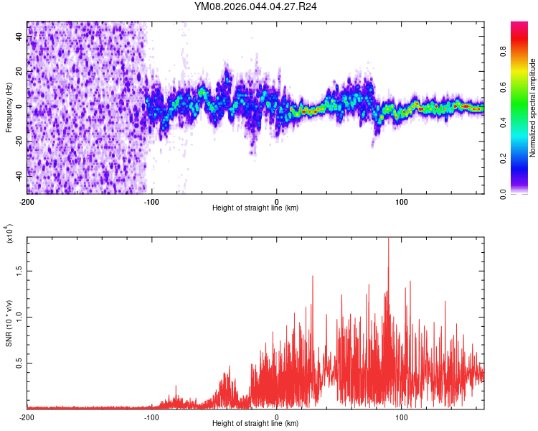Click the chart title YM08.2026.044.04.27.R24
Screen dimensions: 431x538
[256, 6]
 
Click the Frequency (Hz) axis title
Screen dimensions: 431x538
[9, 107]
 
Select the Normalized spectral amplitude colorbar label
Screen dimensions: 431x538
[532, 108]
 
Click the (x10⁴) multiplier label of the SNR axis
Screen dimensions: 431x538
[9, 233]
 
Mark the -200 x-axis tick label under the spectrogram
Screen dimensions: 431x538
[27, 200]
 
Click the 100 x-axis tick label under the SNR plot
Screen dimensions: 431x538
[402, 417]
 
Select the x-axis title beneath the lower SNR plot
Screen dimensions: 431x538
[255, 425]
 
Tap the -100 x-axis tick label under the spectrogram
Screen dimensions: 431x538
[151, 200]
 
